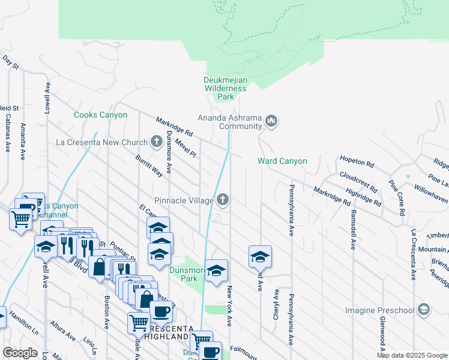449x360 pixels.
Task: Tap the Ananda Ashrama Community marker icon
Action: [x=272, y=122]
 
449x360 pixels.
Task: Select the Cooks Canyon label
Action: [x=100, y=115]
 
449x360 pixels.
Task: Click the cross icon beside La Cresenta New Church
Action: [x=157, y=142]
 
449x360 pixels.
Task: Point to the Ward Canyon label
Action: [x=282, y=161]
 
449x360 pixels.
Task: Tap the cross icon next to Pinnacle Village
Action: [x=223, y=199]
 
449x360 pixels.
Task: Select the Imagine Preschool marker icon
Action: [x=424, y=310]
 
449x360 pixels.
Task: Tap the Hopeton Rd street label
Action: [x=357, y=163]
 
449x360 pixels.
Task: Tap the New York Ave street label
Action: [x=229, y=306]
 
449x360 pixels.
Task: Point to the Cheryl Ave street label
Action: [x=276, y=304]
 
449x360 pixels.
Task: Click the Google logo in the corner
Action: [x=20, y=352]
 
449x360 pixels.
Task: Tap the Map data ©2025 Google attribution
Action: [x=411, y=355]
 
